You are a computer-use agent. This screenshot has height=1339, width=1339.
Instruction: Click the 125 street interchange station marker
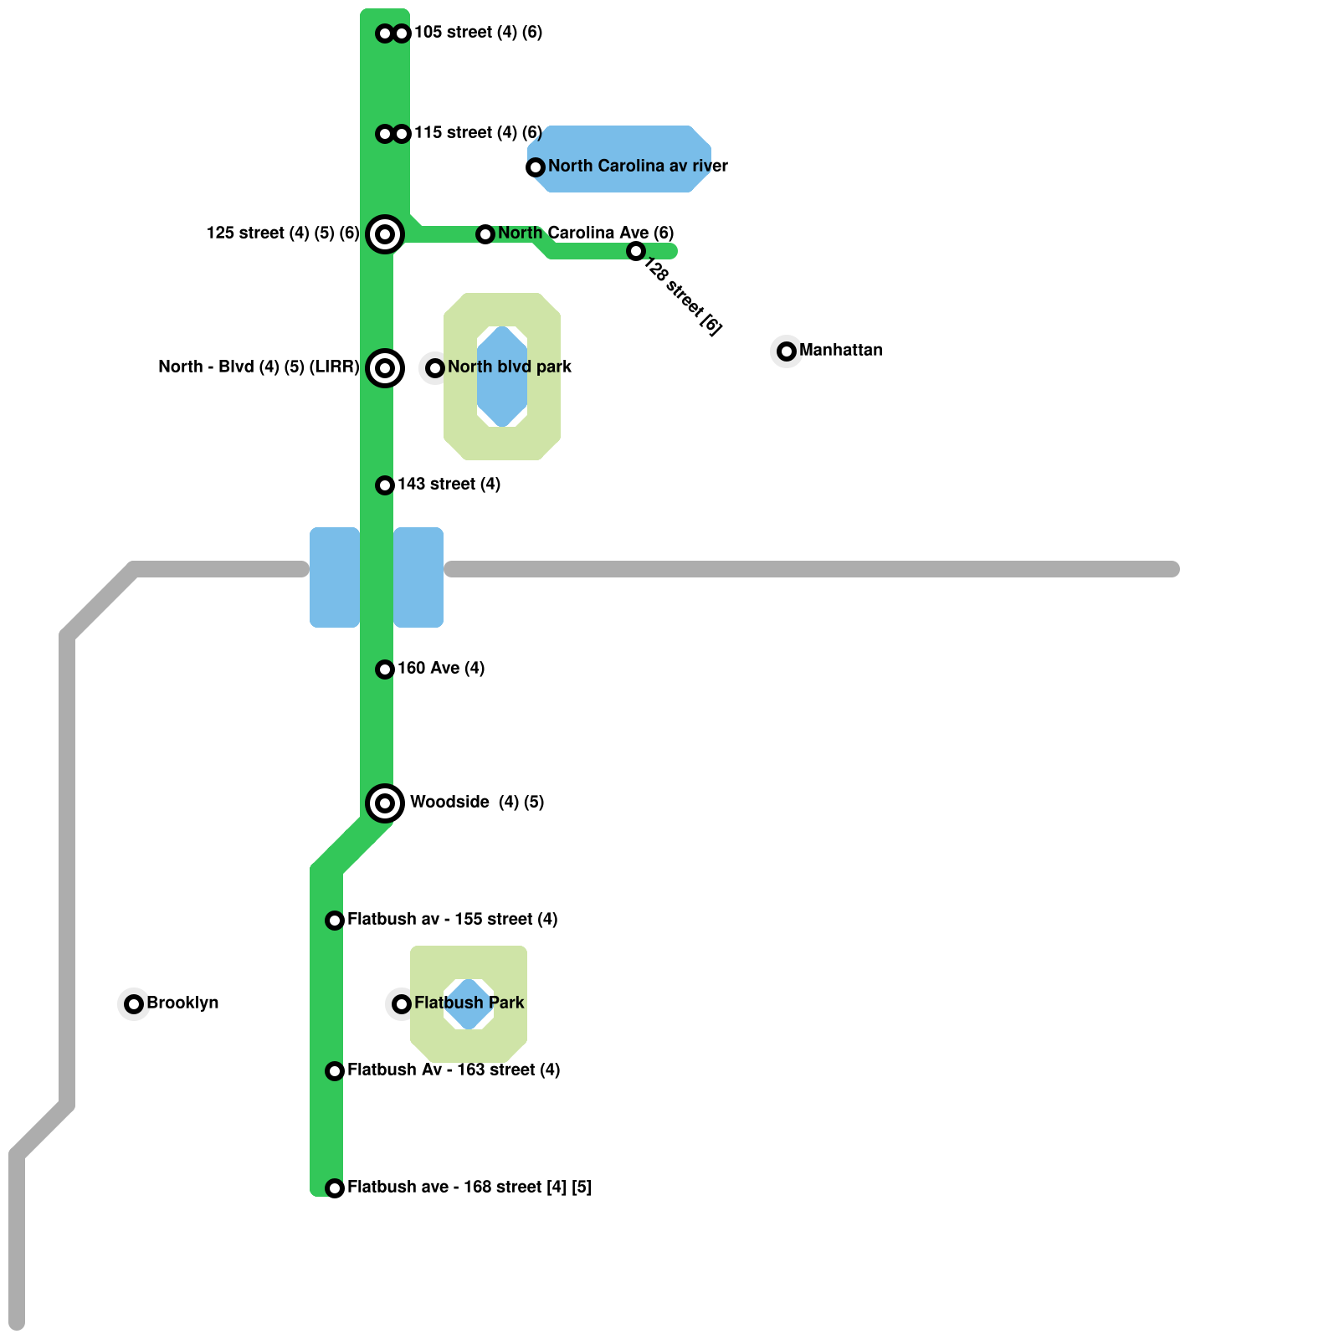click(385, 234)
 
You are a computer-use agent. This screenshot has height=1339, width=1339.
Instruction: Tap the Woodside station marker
click(385, 803)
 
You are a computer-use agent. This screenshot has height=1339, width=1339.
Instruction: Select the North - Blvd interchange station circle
click(385, 368)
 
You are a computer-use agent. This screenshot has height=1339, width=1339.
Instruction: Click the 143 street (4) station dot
click(385, 485)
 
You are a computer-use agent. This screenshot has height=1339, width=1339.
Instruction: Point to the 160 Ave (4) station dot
click(385, 669)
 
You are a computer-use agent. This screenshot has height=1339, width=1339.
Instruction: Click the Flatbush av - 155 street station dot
click(335, 921)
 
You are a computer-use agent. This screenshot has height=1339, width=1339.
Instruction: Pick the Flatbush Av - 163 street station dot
click(335, 1071)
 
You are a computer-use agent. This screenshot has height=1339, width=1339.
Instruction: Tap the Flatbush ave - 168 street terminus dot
click(335, 1188)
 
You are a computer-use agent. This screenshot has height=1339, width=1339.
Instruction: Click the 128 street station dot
click(636, 251)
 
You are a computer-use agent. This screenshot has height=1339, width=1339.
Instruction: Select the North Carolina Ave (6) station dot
click(485, 234)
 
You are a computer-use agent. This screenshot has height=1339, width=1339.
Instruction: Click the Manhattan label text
click(841, 350)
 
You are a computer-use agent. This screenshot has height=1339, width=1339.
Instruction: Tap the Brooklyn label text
click(182, 1003)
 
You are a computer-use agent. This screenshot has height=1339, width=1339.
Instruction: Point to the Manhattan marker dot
click(787, 351)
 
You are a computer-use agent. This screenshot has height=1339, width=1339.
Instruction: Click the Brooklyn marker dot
click(134, 1004)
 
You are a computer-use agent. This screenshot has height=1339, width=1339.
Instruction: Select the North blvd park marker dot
click(435, 368)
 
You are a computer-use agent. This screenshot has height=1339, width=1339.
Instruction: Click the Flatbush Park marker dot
click(402, 1004)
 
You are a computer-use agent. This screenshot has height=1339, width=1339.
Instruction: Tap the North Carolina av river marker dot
click(536, 167)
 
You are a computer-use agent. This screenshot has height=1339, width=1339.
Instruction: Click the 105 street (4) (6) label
click(478, 33)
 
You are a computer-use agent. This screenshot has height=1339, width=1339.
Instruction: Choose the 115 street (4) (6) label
click(478, 133)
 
